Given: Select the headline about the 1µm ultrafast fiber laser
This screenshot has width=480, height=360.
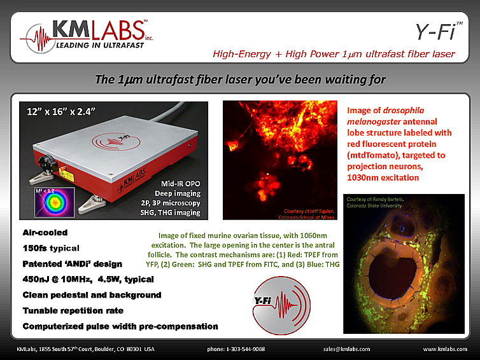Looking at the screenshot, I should click(239, 80).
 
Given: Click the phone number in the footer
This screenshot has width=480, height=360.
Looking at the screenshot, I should click(236, 349).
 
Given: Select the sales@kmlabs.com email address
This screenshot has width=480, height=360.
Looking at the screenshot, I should click(346, 349).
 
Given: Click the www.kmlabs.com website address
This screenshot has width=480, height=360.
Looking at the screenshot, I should click(443, 349).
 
